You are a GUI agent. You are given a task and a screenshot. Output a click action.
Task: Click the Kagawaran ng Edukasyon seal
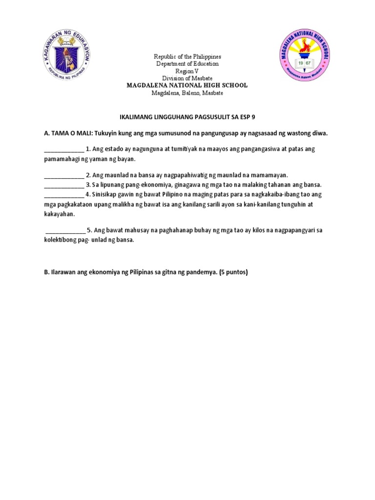(x=66, y=57)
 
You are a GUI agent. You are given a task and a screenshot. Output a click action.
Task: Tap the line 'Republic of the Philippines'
(x=187, y=57)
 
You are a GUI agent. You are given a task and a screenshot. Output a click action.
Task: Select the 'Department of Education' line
(x=187, y=64)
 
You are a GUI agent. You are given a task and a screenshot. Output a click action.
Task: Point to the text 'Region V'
(x=187, y=71)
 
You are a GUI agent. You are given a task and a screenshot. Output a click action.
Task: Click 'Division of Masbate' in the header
(x=187, y=78)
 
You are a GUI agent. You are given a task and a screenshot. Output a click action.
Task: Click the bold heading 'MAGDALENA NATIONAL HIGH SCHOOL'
(x=187, y=85)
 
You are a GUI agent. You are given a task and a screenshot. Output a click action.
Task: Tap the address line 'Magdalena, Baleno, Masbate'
(x=187, y=93)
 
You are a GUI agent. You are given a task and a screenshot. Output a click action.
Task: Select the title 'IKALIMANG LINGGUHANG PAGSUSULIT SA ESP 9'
(x=187, y=118)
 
